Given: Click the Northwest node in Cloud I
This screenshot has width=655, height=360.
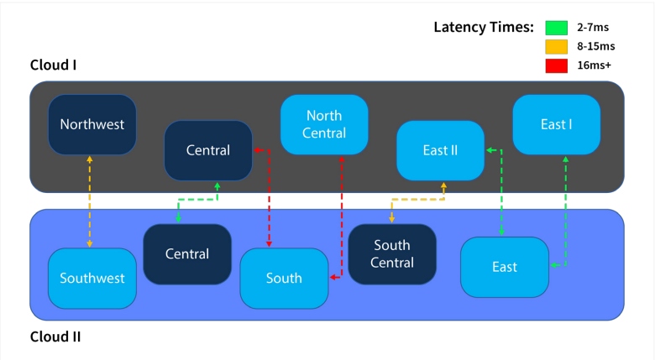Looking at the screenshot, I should click(92, 124).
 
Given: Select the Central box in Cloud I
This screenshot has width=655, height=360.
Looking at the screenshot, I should click(208, 150).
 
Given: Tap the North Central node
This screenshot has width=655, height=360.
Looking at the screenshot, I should click(324, 124).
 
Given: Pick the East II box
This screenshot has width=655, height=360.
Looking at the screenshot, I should click(440, 150).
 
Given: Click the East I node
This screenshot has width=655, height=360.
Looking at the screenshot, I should click(556, 124).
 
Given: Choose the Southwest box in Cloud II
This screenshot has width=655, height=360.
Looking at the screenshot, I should click(92, 278).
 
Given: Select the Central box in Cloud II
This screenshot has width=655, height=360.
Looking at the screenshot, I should click(187, 253).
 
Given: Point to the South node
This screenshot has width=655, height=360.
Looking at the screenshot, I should click(284, 278).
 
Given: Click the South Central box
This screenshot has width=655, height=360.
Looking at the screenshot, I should click(392, 253).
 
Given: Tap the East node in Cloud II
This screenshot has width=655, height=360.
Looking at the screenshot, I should click(505, 267).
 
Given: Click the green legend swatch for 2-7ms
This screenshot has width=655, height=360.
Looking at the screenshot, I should click(558, 28).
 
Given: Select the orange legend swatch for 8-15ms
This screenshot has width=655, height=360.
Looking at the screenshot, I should click(558, 46).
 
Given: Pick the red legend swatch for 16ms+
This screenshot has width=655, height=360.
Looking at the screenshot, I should click(558, 65).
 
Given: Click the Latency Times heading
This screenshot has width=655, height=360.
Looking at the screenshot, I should click(484, 27).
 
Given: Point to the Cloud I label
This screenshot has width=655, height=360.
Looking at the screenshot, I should click(54, 65).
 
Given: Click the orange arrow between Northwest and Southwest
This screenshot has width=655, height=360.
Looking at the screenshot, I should click(90, 201).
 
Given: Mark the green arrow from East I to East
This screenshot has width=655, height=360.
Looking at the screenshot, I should click(566, 210).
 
